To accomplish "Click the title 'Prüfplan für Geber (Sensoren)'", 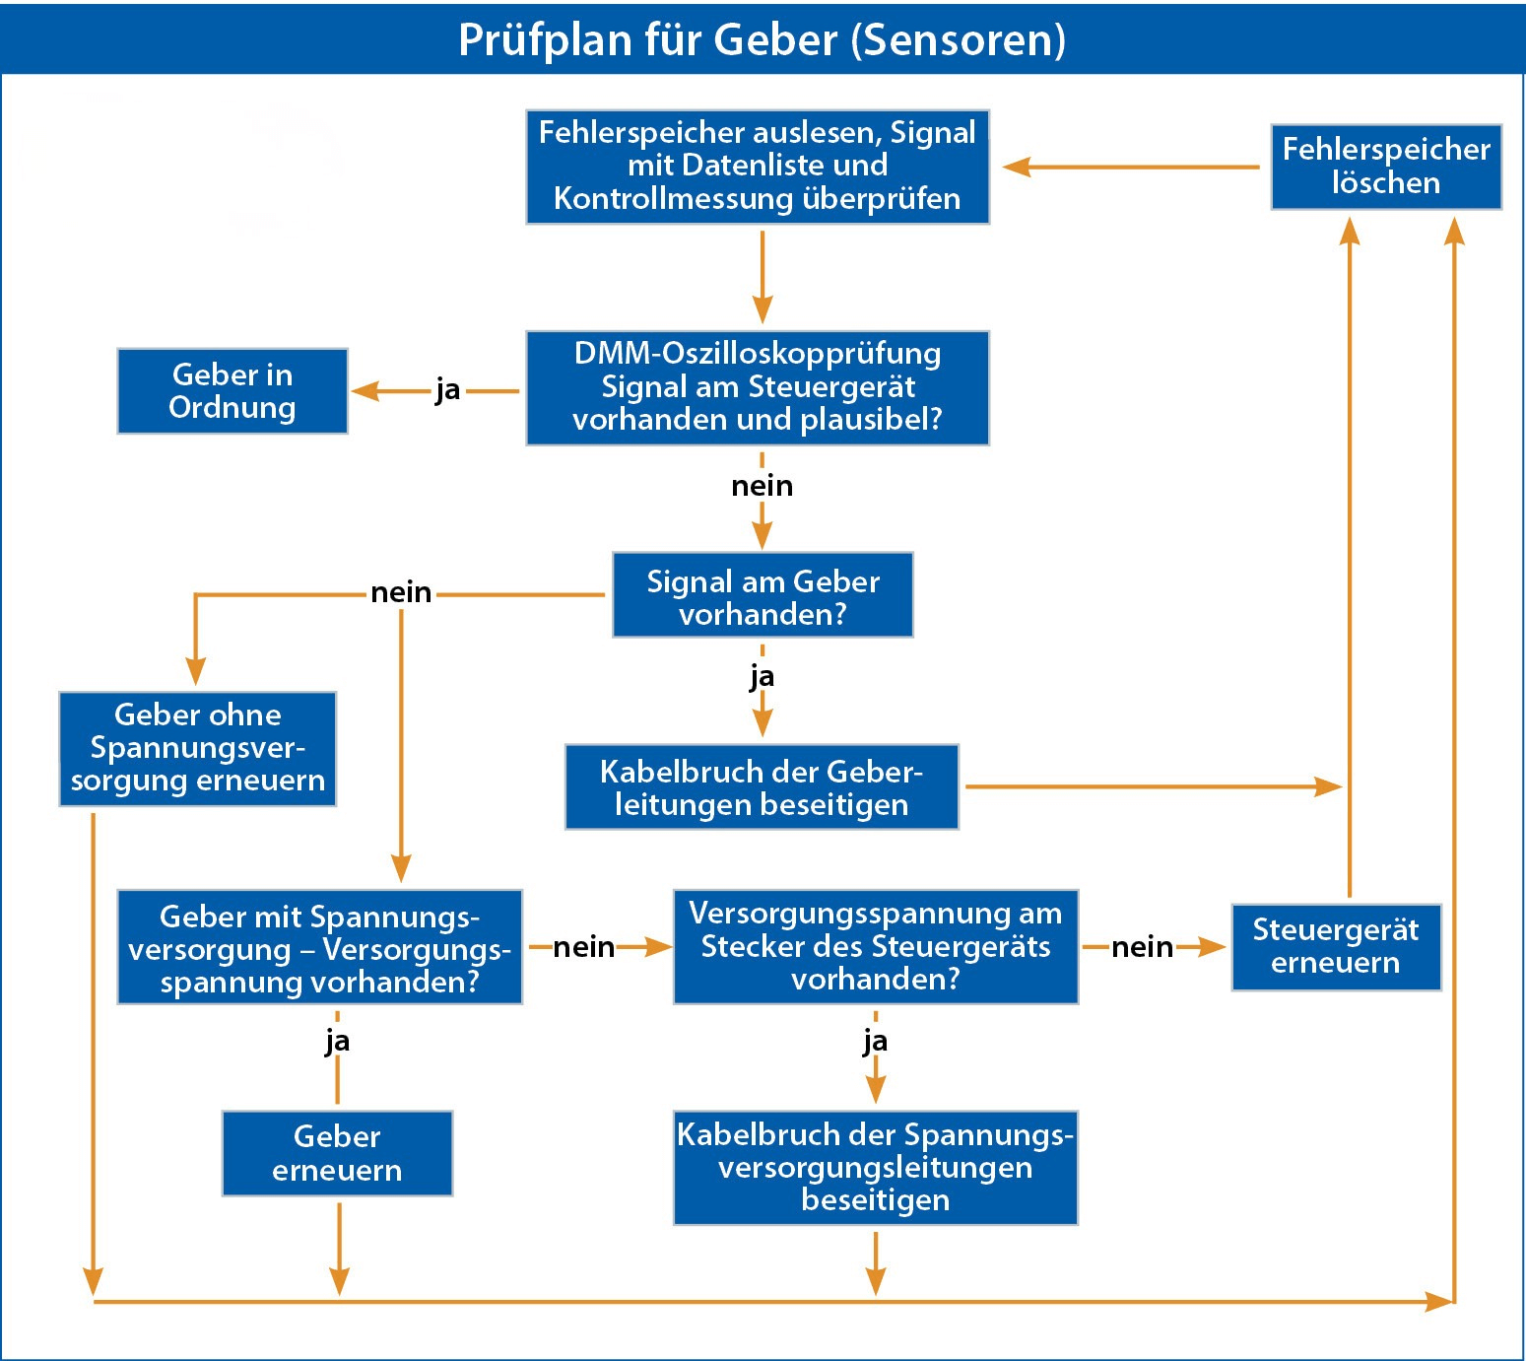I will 762,39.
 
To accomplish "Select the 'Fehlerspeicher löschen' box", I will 1385,167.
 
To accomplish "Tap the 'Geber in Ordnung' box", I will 232,391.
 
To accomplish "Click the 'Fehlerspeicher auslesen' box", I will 757,167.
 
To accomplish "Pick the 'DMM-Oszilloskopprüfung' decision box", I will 757,387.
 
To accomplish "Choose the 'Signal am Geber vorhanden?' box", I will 763,595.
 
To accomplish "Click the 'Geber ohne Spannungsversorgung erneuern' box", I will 197,748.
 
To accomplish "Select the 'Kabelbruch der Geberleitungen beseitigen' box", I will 762,787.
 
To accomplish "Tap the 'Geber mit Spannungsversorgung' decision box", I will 319,947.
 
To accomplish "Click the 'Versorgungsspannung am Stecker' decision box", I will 875,946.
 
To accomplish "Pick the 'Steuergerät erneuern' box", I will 1335,946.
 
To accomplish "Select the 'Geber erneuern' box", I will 337,1153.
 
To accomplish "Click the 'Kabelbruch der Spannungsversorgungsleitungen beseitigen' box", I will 875,1167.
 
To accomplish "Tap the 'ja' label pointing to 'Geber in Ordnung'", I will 447,390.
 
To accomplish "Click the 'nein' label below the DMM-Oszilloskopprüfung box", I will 762,486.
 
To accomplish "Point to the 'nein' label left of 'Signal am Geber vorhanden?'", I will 401,592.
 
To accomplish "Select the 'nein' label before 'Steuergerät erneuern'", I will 1142,947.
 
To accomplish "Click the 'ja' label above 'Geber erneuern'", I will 337,1041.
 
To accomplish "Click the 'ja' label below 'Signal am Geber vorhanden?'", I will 762,677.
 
